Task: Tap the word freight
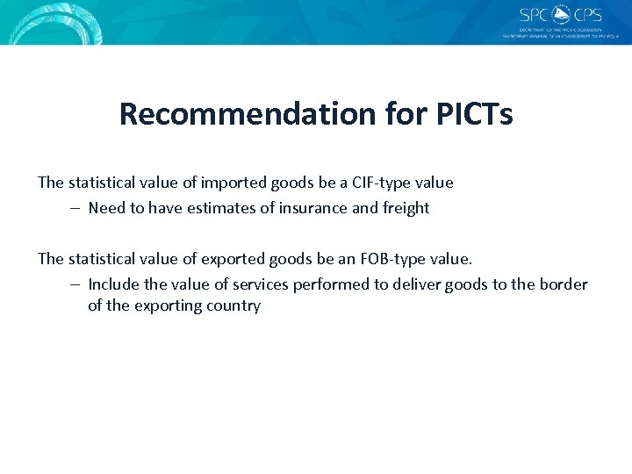tap(405, 208)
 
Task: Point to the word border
tap(564, 284)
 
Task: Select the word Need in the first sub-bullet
tap(106, 208)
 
